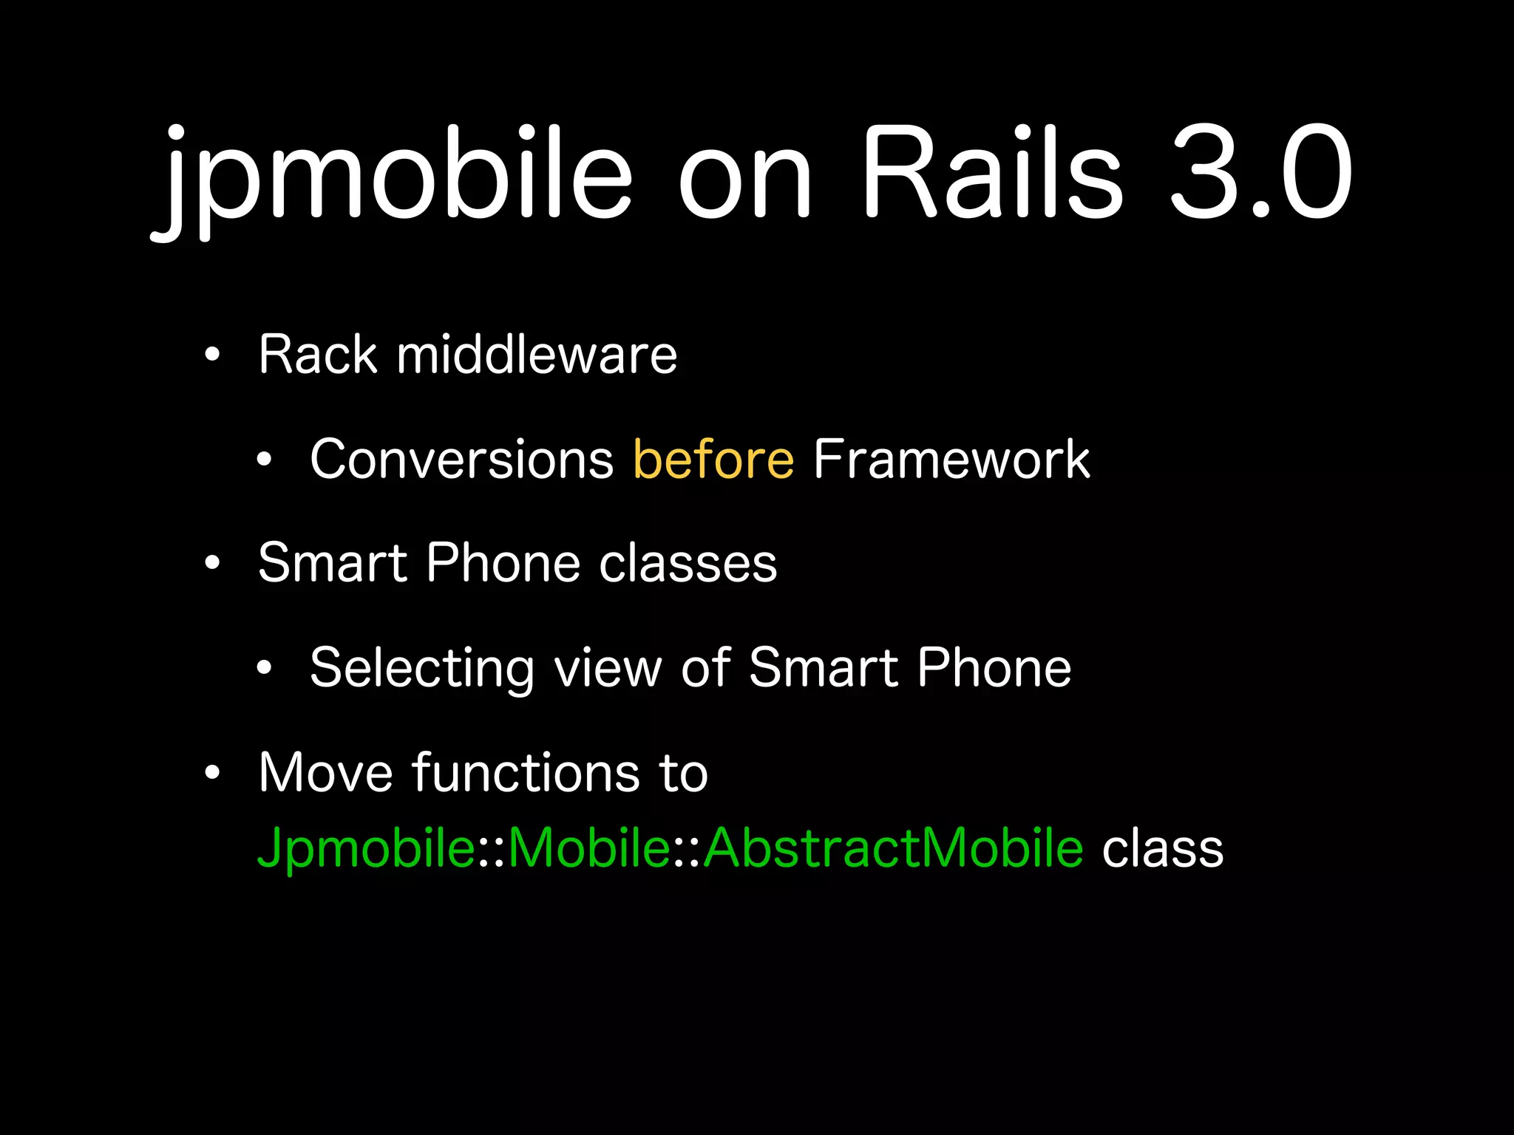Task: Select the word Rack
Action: pyautogui.click(x=318, y=355)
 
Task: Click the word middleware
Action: pyautogui.click(x=537, y=355)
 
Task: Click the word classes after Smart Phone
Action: pyautogui.click(x=688, y=563)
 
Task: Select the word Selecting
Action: pyautogui.click(x=421, y=668)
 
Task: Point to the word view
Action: pyautogui.click(x=608, y=668)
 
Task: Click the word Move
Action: pyautogui.click(x=325, y=773)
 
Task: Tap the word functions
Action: pyautogui.click(x=526, y=773)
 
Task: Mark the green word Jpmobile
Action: pyautogui.click(x=366, y=848)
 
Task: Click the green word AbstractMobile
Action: pyautogui.click(x=893, y=848)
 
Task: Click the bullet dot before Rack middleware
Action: pyautogui.click(x=213, y=355)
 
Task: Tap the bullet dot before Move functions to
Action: pyautogui.click(x=213, y=773)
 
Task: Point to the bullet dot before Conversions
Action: pyautogui.click(x=265, y=460)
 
